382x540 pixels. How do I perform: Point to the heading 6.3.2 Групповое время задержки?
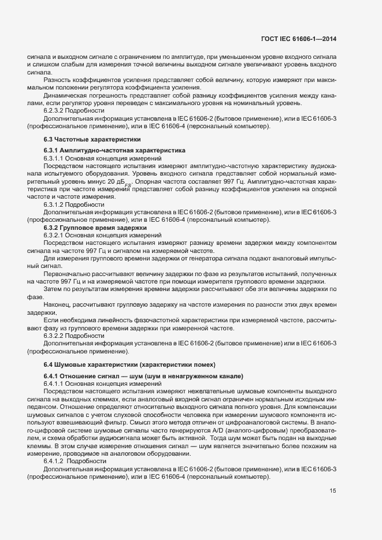[95, 228]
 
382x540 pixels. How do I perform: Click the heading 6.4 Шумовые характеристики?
[129, 365]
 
